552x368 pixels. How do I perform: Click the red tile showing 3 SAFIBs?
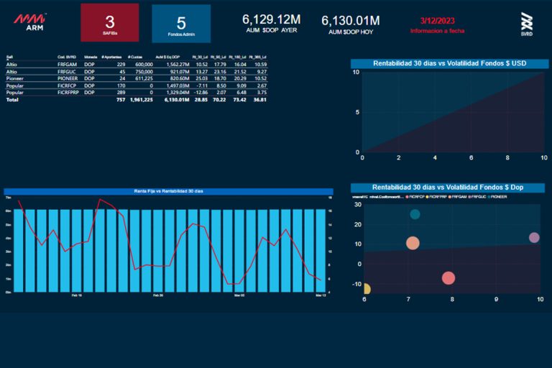click(x=110, y=22)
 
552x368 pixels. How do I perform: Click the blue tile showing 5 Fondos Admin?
click(x=181, y=24)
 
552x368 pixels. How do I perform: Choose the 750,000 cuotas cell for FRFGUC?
click(x=142, y=71)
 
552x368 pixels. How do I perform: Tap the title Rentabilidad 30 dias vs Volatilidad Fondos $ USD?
click(x=449, y=63)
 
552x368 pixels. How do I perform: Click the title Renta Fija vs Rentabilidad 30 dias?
click(x=168, y=191)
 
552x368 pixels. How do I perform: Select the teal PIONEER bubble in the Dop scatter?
click(x=415, y=214)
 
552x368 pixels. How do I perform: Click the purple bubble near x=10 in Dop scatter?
click(x=534, y=238)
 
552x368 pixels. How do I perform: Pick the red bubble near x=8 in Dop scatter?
click(x=448, y=278)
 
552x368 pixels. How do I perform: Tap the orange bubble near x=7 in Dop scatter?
click(x=413, y=243)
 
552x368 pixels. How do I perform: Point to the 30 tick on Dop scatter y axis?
click(x=357, y=205)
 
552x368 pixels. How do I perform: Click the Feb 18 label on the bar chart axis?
click(x=77, y=295)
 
